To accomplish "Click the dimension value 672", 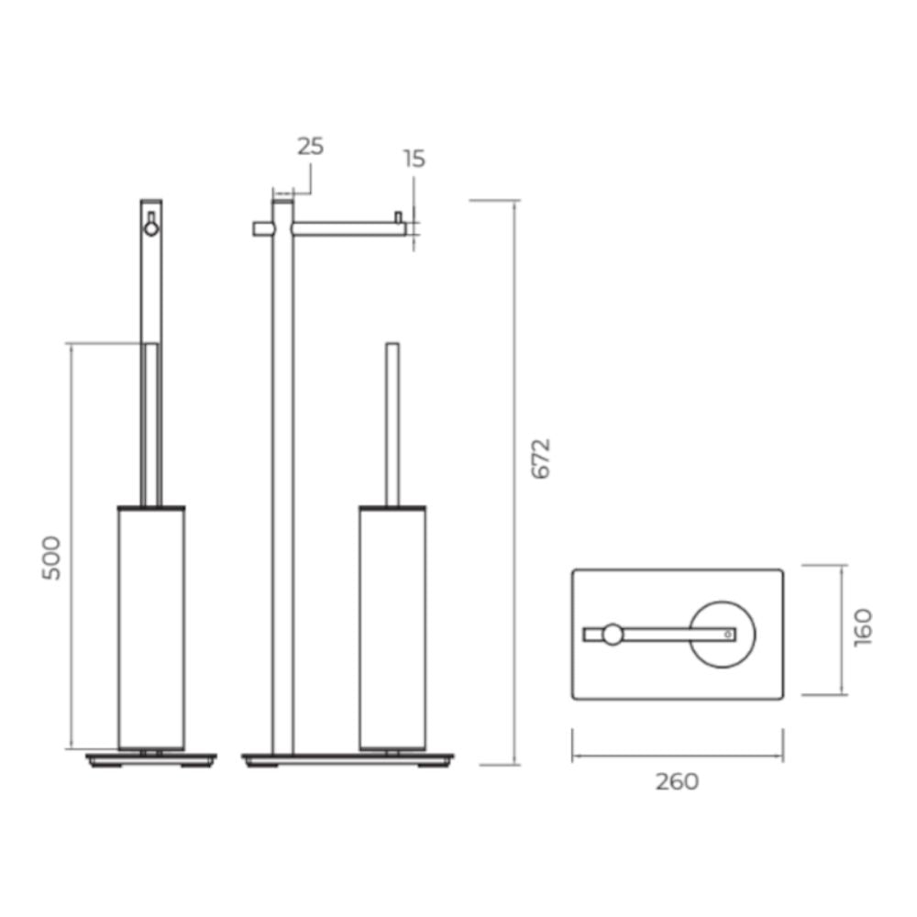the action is point(542,458).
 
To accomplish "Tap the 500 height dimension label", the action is point(51,558).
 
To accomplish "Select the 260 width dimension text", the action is point(677,781).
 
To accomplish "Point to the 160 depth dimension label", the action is point(863,627).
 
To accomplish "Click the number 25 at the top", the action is point(310,146).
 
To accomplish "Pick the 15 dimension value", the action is point(414,159).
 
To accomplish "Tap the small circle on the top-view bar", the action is point(613,635).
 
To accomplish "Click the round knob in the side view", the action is point(151,228).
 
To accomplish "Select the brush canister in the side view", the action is point(151,627).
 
